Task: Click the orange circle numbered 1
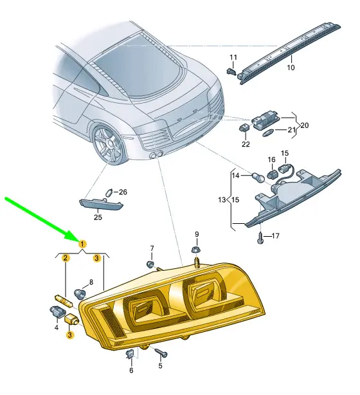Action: (82, 244)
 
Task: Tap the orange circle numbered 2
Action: (66, 258)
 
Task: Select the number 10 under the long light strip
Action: (291, 68)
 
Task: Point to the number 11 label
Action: (233, 57)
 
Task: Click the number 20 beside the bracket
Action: (304, 125)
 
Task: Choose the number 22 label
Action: (246, 144)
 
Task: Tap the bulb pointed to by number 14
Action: (258, 178)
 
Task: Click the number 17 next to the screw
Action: (275, 236)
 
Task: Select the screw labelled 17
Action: (260, 238)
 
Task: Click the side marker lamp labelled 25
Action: (101, 205)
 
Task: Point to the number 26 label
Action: (123, 192)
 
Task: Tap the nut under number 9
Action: (196, 250)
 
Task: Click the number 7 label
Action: (152, 248)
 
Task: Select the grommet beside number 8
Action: (80, 293)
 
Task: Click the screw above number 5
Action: (161, 352)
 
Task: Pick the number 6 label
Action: (131, 371)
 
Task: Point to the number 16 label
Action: (272, 160)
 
